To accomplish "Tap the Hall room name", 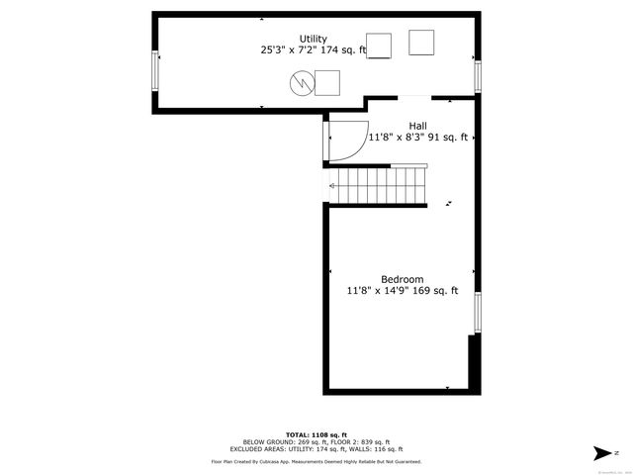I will click(x=416, y=126).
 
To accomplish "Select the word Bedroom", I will click(x=402, y=279).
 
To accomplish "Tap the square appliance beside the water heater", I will click(x=327, y=83).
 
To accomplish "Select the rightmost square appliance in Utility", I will click(x=421, y=43).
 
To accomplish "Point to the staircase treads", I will click(x=381, y=185).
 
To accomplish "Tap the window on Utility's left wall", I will click(x=155, y=70).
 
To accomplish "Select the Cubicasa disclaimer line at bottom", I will click(x=316, y=461).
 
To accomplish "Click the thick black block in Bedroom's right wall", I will click(x=473, y=361).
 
